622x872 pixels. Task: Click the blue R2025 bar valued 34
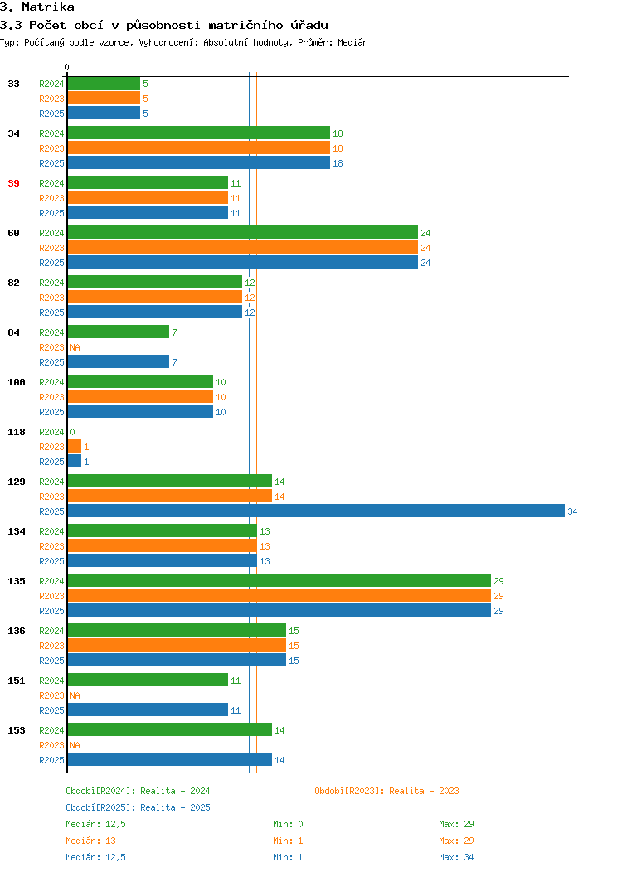coord(316,511)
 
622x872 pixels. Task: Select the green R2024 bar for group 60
coord(242,232)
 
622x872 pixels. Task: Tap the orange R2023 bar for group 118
coord(75,446)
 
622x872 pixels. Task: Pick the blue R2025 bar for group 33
coord(104,113)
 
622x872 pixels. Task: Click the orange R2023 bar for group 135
coord(279,595)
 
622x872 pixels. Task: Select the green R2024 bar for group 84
coord(119,332)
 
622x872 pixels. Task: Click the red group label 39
coord(14,183)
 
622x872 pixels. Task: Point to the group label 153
coord(17,730)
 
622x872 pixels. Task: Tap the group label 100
coord(17,382)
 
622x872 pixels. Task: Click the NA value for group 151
coord(75,695)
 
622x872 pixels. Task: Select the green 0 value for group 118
coord(72,432)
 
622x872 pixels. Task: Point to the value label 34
coord(572,511)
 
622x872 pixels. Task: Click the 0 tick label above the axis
coord(67,67)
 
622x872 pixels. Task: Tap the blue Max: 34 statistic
coord(456,857)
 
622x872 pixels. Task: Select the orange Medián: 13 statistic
coord(90,841)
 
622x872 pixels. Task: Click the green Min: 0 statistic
coord(288,824)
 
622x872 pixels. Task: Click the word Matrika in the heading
coord(48,7)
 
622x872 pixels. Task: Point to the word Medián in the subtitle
coord(352,42)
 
